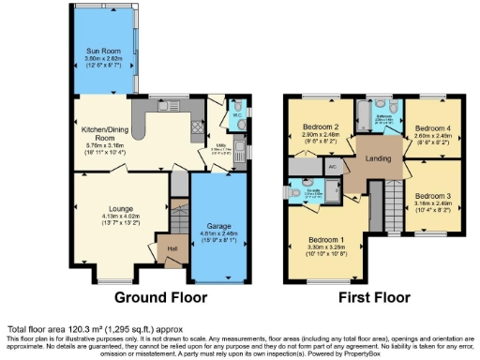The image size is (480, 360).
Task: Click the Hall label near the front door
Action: (x=172, y=248)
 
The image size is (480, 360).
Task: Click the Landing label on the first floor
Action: (x=378, y=157)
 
